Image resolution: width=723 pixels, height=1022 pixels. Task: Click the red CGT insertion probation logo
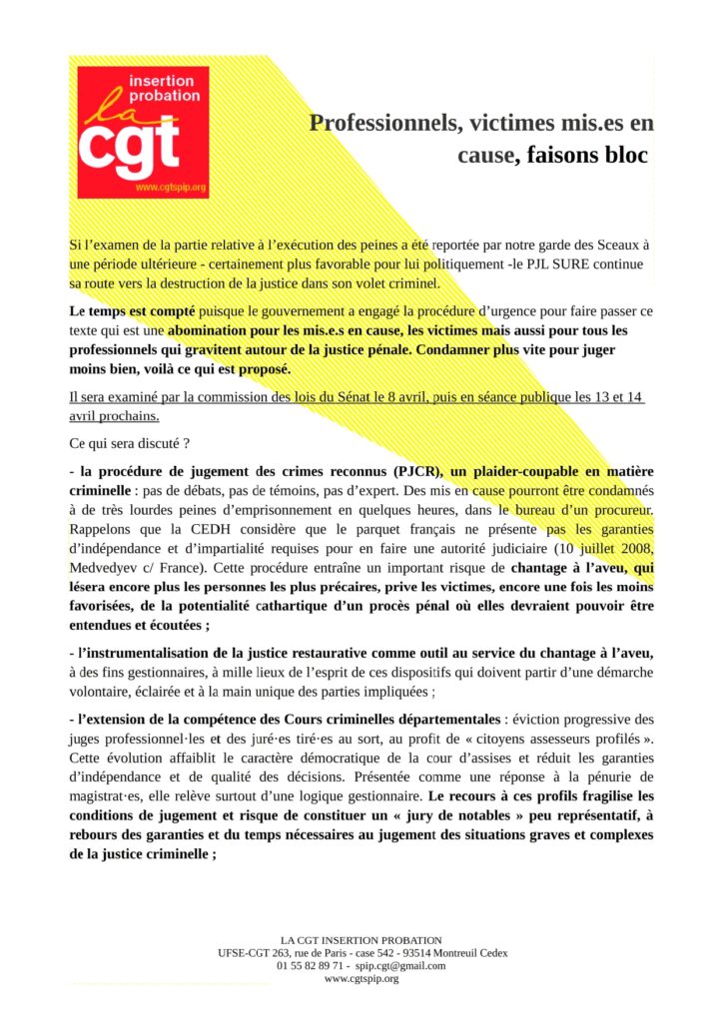coord(143,132)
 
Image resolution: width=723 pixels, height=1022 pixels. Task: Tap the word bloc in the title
coord(617,156)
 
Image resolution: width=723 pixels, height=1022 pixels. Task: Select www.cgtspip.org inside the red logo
coord(170,188)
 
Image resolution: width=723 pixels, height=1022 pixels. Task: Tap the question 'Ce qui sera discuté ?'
coord(130,441)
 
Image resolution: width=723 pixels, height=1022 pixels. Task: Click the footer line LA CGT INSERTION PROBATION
coord(361,940)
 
